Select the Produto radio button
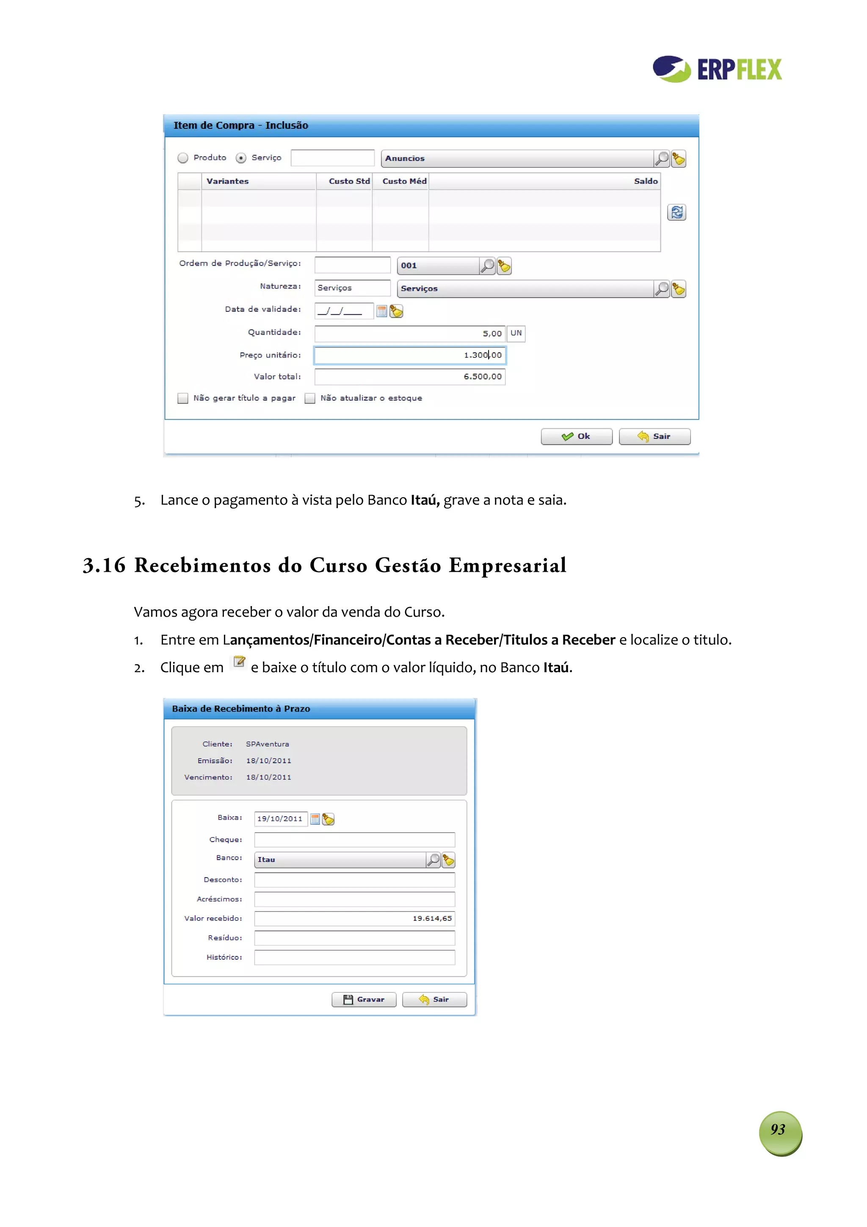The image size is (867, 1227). tap(183, 158)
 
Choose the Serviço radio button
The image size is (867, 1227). tap(241, 158)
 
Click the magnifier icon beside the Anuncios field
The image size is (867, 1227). tap(661, 159)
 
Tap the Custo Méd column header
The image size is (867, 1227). tap(404, 181)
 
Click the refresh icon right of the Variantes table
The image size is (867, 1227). tap(676, 213)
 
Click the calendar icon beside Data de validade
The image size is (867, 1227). tap(381, 311)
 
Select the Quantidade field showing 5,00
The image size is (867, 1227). tap(409, 333)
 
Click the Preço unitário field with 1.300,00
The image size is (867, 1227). tap(409, 355)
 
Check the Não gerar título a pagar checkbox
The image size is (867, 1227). tap(183, 398)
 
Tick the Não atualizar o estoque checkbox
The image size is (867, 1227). tap(310, 398)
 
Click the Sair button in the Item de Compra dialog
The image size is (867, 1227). tap(654, 437)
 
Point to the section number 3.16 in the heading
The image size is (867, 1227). tap(104, 565)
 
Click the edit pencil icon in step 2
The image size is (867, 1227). tap(239, 662)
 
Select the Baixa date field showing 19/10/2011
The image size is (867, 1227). tap(280, 819)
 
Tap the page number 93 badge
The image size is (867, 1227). tap(779, 1130)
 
